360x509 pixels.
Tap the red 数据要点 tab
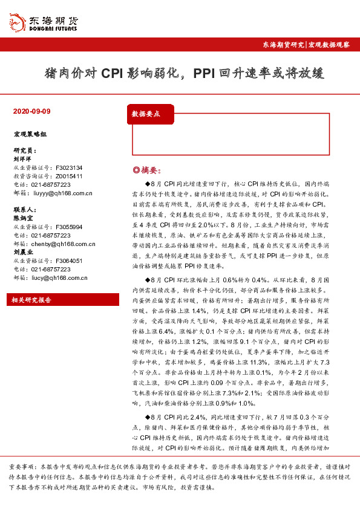146,114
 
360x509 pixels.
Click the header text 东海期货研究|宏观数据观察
306,45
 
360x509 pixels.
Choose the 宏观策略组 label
27,133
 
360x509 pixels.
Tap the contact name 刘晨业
22,253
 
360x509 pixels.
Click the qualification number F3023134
69,167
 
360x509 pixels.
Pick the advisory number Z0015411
69,176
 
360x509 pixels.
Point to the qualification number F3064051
69,261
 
